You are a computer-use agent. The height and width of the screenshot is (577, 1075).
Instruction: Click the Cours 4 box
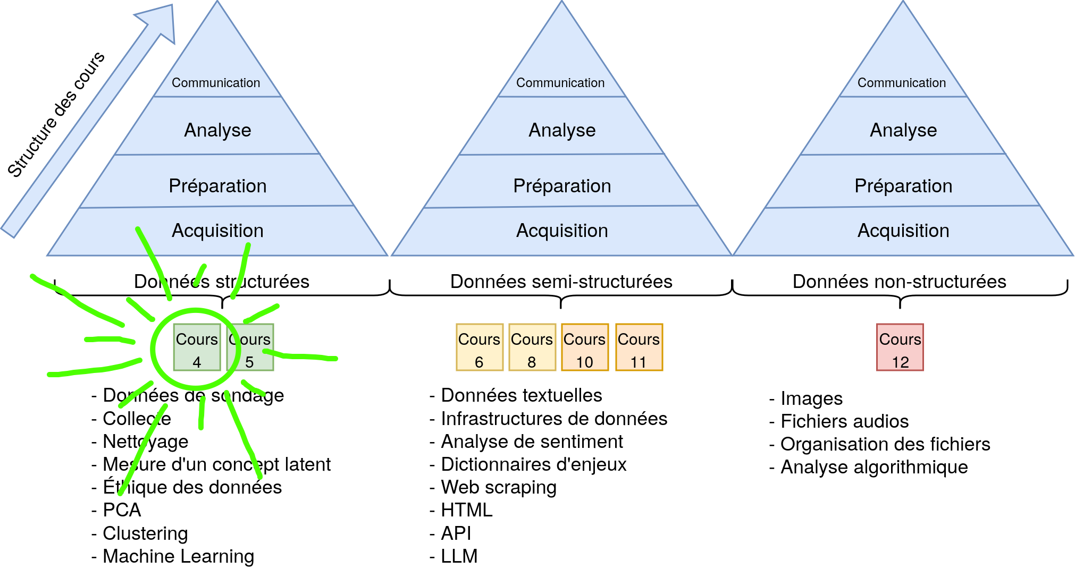pos(197,347)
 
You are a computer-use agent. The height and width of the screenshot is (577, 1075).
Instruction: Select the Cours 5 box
pos(250,347)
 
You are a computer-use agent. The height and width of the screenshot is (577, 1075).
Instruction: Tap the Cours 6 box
pos(479,347)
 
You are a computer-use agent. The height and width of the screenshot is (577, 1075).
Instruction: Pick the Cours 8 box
pos(532,347)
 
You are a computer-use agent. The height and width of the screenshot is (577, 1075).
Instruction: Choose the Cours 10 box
pos(585,347)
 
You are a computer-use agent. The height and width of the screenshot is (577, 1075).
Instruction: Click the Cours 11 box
pos(639,347)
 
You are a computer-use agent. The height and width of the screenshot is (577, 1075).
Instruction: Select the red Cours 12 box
pos(900,347)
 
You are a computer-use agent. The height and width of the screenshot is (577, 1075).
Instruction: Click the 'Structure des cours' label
pos(56,114)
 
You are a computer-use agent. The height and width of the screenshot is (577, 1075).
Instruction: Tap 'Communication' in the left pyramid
pos(216,83)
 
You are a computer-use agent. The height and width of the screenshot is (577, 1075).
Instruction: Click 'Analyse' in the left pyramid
pos(217,130)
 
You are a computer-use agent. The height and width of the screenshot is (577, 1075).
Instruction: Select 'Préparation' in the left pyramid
pos(217,186)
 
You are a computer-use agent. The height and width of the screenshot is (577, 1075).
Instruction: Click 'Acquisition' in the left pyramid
pos(217,231)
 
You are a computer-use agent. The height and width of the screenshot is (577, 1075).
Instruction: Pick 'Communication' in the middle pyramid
pos(560,83)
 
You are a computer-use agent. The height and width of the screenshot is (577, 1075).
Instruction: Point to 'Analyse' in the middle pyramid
pos(562,130)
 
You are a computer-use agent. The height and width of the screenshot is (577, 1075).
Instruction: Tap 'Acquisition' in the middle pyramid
pos(562,231)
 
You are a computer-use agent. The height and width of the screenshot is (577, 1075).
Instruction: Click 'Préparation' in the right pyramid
pos(903,186)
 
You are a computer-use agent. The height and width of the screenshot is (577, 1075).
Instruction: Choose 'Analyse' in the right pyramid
pos(903,130)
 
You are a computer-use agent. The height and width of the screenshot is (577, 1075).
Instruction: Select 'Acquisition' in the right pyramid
pos(903,231)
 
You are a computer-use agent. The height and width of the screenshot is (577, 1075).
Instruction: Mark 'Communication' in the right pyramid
pos(902,83)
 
